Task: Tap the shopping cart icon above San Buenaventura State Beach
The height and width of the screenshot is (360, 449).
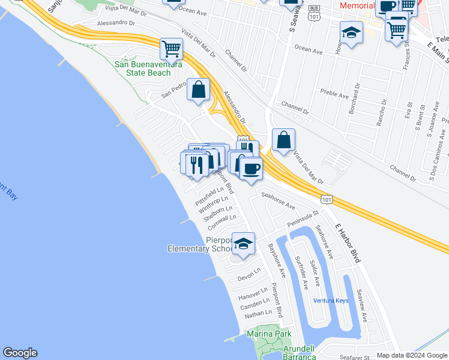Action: tap(172, 48)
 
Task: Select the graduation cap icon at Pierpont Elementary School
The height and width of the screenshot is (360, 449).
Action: tap(243, 244)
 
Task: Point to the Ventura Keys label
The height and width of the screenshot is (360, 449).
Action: tap(330, 300)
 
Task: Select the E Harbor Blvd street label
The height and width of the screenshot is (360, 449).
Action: tap(350, 243)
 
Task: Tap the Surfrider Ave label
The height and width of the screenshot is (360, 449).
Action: tap(301, 272)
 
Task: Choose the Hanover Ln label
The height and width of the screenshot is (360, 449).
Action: tap(253, 295)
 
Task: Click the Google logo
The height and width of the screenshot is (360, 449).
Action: tap(20, 353)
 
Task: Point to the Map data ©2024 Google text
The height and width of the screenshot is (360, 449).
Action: tap(411, 355)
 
